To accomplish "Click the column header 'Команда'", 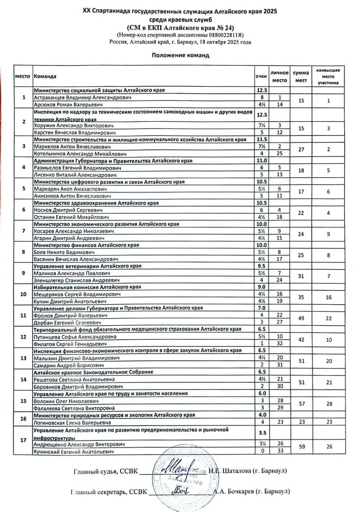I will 45,76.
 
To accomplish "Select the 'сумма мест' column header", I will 300,76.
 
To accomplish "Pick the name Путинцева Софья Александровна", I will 75,336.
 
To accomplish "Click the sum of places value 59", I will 300,448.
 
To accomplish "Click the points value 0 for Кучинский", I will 262,452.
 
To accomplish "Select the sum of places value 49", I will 300,319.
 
